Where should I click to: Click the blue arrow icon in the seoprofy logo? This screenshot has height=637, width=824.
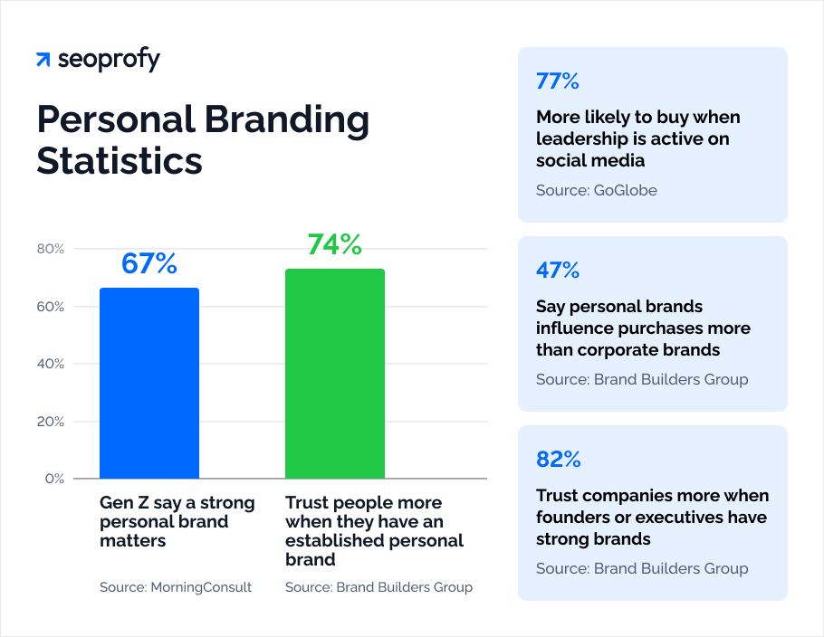pos(43,61)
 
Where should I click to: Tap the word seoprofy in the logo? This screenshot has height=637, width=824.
pos(109,61)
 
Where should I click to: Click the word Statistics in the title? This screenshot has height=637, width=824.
pos(120,160)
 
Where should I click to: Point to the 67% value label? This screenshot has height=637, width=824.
pos(149,263)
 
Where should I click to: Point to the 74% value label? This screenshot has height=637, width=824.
pos(335,244)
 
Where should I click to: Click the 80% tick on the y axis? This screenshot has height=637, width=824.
pos(50,249)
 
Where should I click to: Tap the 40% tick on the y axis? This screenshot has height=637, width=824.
pos(50,364)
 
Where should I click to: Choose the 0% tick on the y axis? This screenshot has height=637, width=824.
pos(53,479)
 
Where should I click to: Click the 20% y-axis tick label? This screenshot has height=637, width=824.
pos(50,422)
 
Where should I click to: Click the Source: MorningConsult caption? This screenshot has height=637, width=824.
pos(176,587)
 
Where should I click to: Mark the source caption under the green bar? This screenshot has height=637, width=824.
pos(378,587)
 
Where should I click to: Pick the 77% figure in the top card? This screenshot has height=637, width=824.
pos(557,81)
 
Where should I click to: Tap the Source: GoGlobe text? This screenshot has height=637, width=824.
pos(597,190)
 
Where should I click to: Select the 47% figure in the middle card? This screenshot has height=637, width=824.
pos(557,271)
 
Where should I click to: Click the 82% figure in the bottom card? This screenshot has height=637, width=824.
pos(557,460)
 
